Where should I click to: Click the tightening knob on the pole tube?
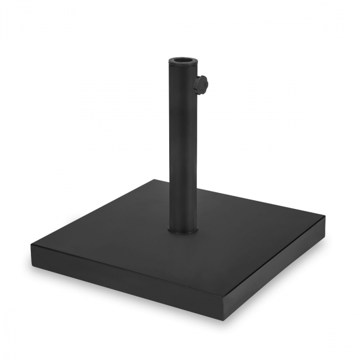(202, 83)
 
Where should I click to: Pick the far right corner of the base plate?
(325, 217)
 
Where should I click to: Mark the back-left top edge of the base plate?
(93, 213)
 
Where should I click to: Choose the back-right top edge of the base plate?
(242, 199)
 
